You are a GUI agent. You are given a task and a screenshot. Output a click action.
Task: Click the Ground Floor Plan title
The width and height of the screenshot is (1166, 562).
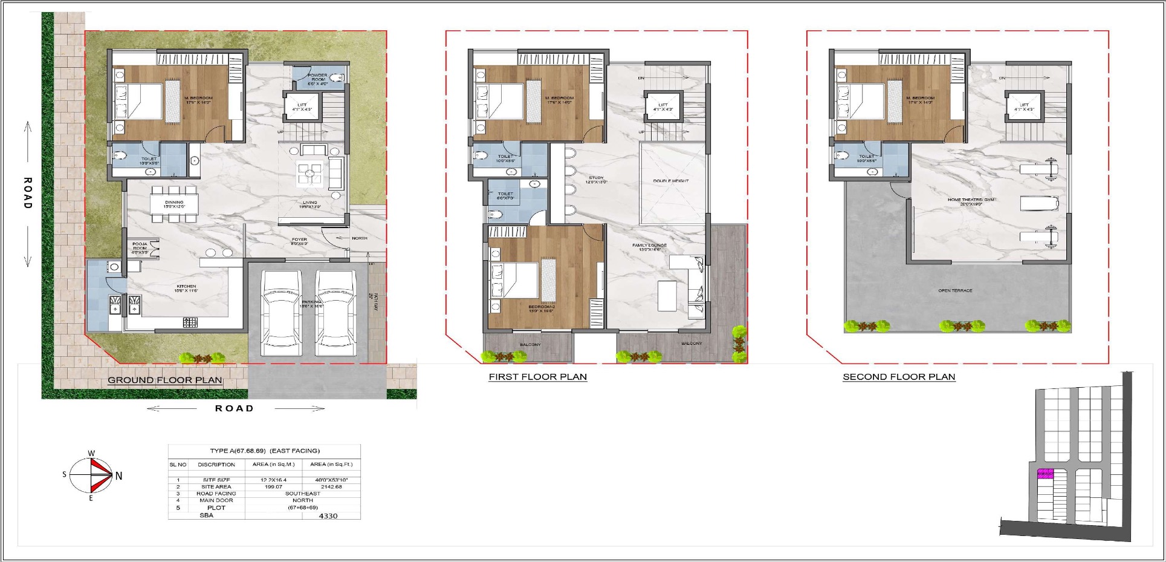pyautogui.click(x=164, y=381)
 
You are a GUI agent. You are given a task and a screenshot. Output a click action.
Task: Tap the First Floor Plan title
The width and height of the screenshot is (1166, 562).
pyautogui.click(x=537, y=377)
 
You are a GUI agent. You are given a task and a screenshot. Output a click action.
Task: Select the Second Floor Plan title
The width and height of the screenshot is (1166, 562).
pyautogui.click(x=899, y=377)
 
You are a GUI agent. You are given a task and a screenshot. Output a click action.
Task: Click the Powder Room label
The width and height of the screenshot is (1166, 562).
pyautogui.click(x=318, y=79)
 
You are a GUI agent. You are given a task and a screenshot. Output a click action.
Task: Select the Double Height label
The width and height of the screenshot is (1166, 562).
pyautogui.click(x=671, y=181)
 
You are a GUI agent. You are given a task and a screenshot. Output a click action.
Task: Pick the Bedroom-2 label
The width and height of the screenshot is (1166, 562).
pyautogui.click(x=541, y=309)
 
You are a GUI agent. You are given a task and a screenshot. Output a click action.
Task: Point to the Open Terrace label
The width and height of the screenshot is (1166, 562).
pyautogui.click(x=955, y=291)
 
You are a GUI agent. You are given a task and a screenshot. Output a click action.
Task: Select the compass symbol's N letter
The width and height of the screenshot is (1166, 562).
pyautogui.click(x=118, y=476)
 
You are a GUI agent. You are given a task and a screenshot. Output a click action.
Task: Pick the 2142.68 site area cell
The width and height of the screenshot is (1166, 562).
pyautogui.click(x=332, y=486)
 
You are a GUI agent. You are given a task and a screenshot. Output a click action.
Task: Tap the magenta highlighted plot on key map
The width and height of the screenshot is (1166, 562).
pyautogui.click(x=1045, y=474)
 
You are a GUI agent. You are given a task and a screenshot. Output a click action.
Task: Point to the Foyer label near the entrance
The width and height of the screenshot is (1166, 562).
pyautogui.click(x=299, y=241)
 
